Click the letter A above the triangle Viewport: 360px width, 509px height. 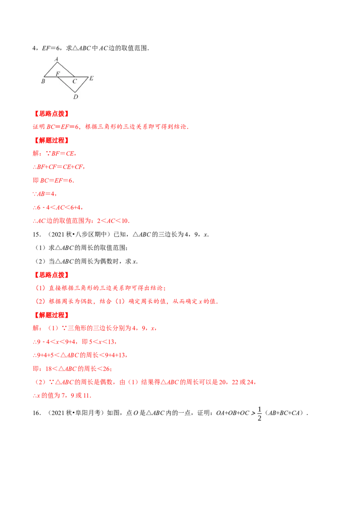pos(56,59)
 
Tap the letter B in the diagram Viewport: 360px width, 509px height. pos(43,81)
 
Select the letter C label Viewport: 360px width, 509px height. pos(75,81)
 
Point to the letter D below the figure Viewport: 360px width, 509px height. pos(75,97)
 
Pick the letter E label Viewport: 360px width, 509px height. pos(91,78)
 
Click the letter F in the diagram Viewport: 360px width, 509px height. pos(58,73)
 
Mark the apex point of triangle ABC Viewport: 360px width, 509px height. pos(57,62)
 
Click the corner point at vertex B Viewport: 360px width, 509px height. pos(44,76)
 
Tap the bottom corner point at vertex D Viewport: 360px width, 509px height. pos(75,93)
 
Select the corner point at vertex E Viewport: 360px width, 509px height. pos(88,77)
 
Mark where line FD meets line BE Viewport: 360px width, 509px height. pos(57,76)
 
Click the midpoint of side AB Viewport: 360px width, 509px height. pos(50,69)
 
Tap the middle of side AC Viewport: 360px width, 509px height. pos(66,69)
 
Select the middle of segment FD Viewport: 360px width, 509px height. pos(66,85)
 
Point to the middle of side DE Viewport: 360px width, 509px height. pos(82,85)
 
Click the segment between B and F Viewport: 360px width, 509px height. pos(50,76)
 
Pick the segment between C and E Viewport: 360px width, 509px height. pos(82,76)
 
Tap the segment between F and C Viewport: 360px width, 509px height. pos(66,76)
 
